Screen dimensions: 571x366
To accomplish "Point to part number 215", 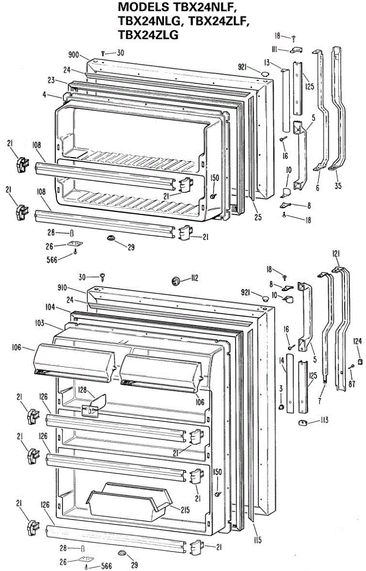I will click(x=185, y=509).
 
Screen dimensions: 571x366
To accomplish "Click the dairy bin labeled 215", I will click(x=129, y=502).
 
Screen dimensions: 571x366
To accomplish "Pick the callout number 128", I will click(x=83, y=390).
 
